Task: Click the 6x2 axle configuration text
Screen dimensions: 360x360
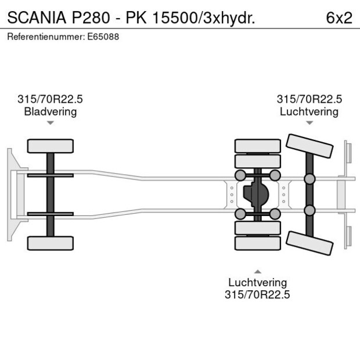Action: [339, 17]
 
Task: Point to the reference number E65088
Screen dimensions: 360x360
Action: [103, 37]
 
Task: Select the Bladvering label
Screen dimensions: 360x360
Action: [51, 111]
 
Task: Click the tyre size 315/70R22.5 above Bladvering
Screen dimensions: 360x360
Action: [51, 99]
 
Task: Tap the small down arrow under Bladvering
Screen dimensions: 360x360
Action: [51, 123]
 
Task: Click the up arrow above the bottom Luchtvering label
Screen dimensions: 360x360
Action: [257, 271]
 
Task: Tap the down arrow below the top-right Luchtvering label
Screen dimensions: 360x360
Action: [309, 123]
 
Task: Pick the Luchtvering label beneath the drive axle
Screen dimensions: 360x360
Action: [257, 282]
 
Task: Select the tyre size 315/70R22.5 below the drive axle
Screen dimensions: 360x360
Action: [257, 294]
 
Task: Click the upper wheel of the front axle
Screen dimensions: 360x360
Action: [51, 146]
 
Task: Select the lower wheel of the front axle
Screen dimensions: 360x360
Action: [51, 243]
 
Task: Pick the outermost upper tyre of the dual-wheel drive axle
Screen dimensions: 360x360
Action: [257, 145]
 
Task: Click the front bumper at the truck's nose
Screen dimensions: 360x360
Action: [10, 195]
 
